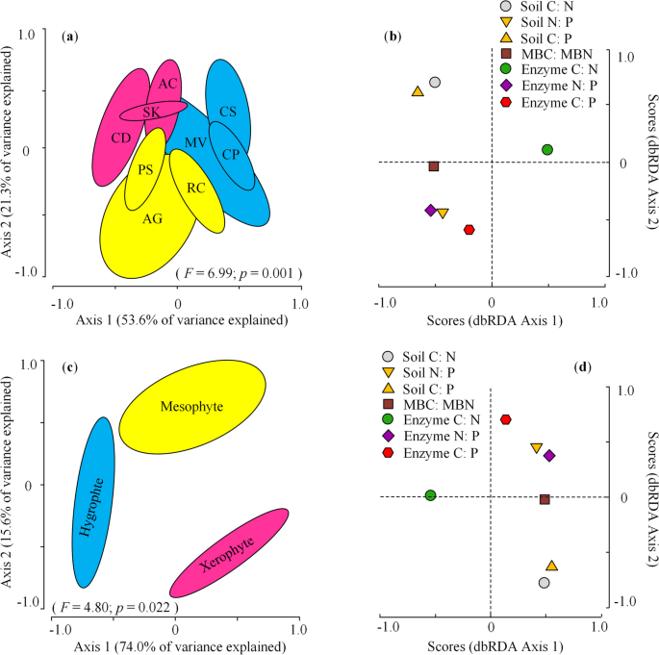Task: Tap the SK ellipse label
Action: [x=151, y=113]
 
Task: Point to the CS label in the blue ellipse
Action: [x=228, y=112]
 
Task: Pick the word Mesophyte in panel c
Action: [x=192, y=407]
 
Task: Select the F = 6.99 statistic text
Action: [x=239, y=274]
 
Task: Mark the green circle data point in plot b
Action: [x=546, y=150]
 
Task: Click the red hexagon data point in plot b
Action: [x=469, y=230]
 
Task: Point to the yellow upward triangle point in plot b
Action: [x=418, y=92]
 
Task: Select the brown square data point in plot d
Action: [x=545, y=499]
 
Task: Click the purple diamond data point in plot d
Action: [x=549, y=456]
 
